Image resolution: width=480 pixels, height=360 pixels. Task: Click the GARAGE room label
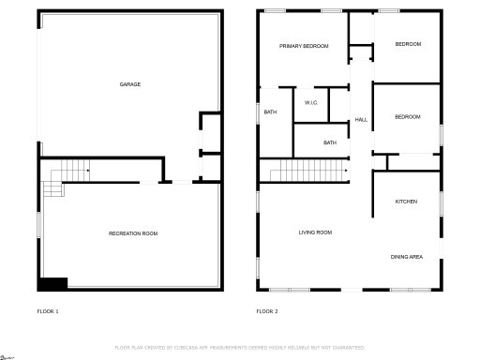130,84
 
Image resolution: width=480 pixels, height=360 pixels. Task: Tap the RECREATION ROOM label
133,232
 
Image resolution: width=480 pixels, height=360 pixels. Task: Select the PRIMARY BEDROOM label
304,45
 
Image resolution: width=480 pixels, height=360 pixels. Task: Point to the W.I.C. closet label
311,102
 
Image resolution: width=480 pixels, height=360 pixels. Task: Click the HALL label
361,119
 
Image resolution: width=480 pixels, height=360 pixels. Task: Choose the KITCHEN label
406,202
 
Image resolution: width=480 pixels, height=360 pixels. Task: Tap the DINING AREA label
407,256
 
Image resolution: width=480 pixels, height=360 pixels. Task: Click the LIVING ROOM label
315,232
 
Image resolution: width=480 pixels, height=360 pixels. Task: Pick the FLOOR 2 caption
267,310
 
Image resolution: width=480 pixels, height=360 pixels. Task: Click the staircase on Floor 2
307,171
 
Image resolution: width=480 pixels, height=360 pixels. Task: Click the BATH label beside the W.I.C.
270,112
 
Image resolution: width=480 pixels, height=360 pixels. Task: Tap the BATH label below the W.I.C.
330,142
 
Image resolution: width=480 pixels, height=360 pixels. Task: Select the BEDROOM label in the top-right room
408,44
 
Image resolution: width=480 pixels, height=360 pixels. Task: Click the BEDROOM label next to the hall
407,116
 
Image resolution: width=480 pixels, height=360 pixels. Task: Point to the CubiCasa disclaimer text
239,347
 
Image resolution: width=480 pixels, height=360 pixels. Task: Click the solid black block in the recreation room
52,283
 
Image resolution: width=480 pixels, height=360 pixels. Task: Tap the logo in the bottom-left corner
8,355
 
